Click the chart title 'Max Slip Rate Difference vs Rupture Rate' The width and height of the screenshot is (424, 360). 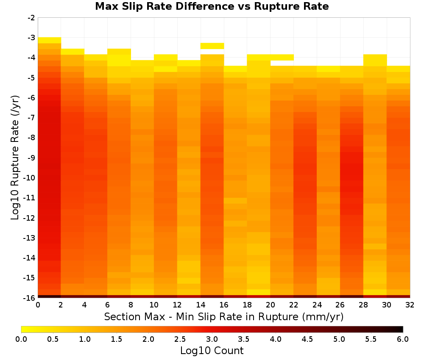(212, 6)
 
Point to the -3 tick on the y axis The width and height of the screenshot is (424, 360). (31, 38)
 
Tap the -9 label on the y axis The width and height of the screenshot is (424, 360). (31, 158)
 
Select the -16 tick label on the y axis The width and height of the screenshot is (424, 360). (30, 298)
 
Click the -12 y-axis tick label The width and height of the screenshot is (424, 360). (30, 218)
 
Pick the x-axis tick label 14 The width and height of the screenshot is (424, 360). (201, 305)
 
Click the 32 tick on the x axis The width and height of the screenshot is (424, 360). (410, 305)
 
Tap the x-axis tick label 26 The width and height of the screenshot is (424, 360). (340, 305)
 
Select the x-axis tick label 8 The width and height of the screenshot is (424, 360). (131, 305)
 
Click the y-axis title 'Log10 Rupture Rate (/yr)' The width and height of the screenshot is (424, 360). (15, 158)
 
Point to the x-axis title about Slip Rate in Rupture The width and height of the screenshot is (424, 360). (224, 317)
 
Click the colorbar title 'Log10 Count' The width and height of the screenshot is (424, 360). (212, 351)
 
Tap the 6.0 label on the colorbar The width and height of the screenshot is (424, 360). (403, 339)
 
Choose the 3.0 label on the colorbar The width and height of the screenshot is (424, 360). (212, 339)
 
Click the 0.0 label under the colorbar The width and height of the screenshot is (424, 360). (21, 339)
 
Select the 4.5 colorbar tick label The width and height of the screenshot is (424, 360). (307, 339)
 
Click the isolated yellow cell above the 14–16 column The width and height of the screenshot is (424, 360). (212, 46)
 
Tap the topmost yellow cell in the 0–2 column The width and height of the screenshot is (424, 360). (50, 40)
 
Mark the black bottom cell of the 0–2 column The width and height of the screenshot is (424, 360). (50, 296)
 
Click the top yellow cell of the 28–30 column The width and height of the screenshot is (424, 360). (375, 58)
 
